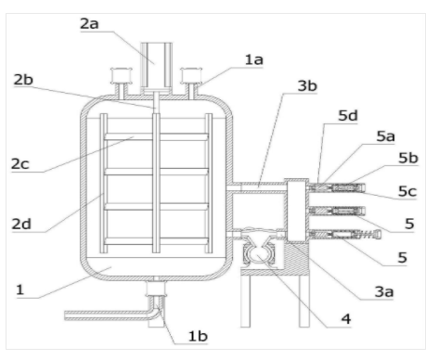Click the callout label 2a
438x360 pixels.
click(89, 24)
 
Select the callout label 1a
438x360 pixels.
click(254, 59)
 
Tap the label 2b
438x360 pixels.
click(23, 80)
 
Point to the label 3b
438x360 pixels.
click(307, 85)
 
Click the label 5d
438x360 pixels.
click(348, 116)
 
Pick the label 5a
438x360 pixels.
click(385, 136)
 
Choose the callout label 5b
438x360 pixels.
click(408, 158)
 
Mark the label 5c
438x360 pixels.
click(407, 191)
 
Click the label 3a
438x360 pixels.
click(384, 291)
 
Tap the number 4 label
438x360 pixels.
click(346, 319)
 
